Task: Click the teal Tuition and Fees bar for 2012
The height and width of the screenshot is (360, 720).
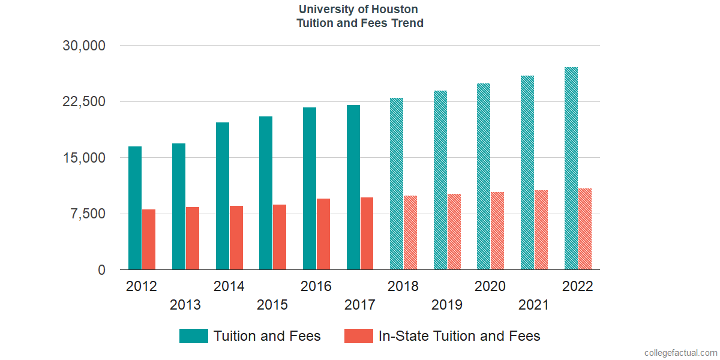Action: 135,208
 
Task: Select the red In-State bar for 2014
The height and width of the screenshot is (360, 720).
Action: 236,238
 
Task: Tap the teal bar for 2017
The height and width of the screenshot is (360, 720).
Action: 353,187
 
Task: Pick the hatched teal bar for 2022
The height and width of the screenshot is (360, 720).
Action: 571,169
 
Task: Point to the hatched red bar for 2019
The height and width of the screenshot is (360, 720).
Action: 454,232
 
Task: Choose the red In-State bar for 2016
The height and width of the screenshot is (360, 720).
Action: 323,234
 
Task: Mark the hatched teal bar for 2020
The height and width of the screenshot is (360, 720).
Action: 484,176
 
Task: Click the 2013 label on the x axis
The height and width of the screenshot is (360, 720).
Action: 185,305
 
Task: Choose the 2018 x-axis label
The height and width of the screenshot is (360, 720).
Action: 403,286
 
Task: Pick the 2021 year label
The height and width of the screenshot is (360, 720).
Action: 534,305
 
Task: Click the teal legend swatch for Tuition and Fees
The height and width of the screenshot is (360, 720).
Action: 193,336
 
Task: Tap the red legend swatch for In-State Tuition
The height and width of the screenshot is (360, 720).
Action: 358,336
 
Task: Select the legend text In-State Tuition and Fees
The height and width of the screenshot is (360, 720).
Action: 460,336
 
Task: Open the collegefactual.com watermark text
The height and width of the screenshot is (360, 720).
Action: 680,353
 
